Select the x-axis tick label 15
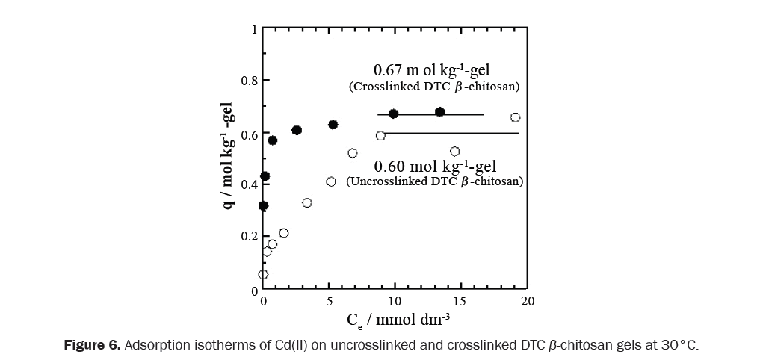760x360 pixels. click(x=460, y=302)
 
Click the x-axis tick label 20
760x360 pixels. click(x=527, y=302)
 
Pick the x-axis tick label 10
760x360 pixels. click(x=395, y=302)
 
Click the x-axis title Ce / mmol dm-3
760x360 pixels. click(x=398, y=321)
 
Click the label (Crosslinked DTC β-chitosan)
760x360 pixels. click(x=434, y=87)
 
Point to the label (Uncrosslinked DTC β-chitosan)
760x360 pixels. click(x=433, y=181)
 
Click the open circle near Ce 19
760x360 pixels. click(x=515, y=117)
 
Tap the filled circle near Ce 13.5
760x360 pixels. click(x=439, y=112)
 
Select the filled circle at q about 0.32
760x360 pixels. click(x=263, y=205)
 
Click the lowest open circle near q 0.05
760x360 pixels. click(x=263, y=274)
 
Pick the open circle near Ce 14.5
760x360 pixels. click(x=454, y=152)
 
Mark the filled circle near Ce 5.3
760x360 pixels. click(x=333, y=125)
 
